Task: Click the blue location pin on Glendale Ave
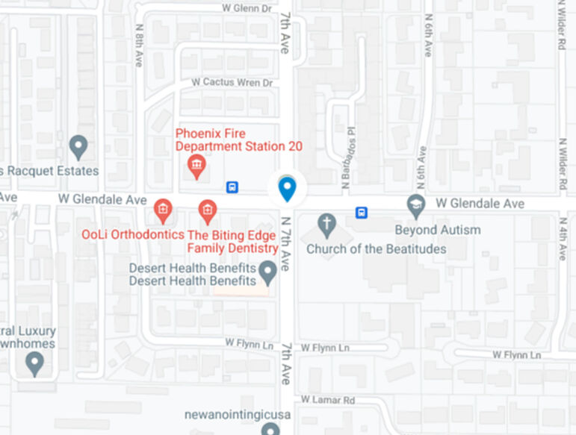coord(287,189)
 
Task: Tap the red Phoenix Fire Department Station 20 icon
coord(196,166)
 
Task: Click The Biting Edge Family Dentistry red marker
coord(208,210)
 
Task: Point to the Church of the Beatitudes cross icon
coord(326,223)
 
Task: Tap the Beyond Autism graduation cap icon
coord(415,204)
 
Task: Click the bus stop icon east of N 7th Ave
coord(362,213)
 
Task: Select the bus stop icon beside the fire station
coord(232,187)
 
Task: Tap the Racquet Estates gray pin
coord(78,145)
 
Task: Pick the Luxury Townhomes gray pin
coord(34,363)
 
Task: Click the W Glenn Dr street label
coord(247,8)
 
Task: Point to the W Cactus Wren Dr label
coord(232,82)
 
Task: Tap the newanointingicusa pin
coord(270,428)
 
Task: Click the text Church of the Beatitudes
coord(376,249)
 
